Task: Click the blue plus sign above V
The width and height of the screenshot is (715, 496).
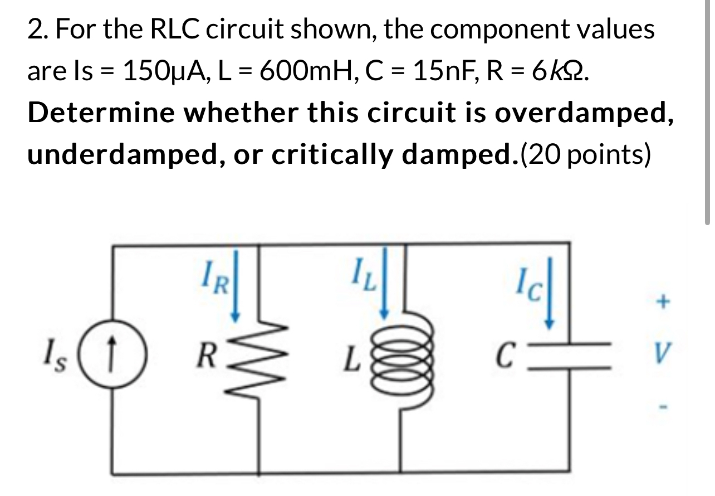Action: (661, 303)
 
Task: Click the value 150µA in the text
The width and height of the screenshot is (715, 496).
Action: (157, 72)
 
